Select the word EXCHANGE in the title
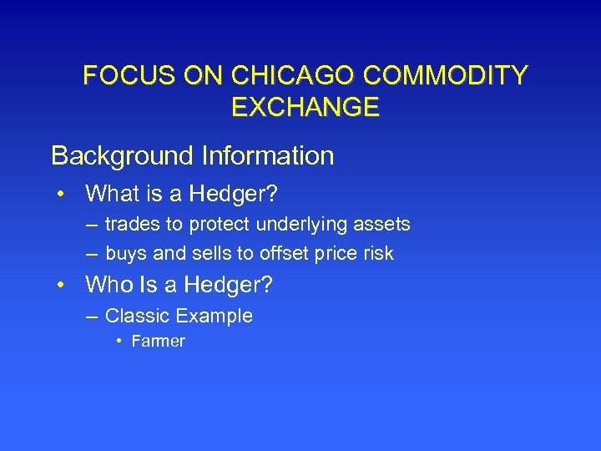tap(303, 107)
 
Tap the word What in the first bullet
tap(114, 195)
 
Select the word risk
tap(376, 254)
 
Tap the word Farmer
tap(157, 341)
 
